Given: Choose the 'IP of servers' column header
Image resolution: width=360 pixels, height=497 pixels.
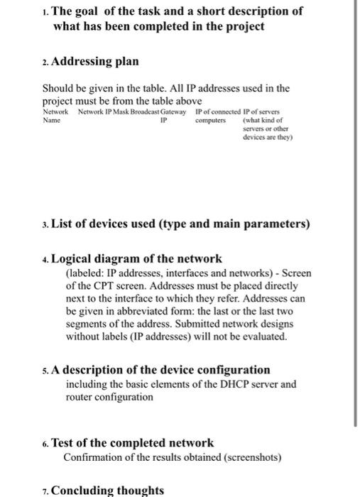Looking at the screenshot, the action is tap(261, 112).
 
